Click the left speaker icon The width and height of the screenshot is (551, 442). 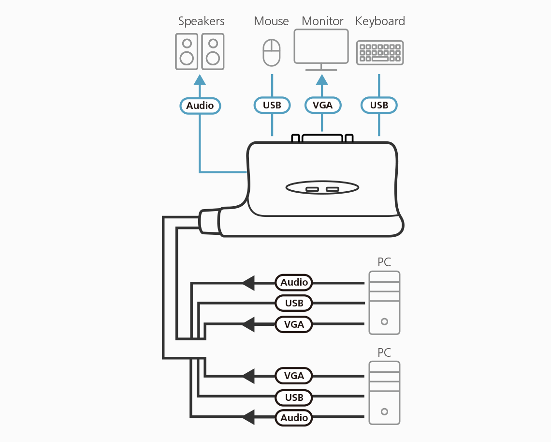point(187,51)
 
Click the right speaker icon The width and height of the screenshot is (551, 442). point(213,51)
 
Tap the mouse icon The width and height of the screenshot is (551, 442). point(272,52)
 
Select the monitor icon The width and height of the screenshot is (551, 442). point(321,47)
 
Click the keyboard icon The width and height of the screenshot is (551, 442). point(380,53)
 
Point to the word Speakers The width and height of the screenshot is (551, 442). point(201,21)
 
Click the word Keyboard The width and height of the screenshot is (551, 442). point(380,21)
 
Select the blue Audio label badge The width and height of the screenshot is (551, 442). point(200,106)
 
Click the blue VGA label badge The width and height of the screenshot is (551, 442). point(323,106)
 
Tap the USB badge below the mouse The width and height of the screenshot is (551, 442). point(272,106)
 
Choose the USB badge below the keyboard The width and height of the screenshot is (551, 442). point(379,106)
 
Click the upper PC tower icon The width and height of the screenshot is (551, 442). point(384,303)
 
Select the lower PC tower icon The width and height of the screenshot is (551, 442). point(384,393)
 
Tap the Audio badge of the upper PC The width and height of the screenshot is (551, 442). point(294,282)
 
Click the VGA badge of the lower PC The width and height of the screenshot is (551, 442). point(294,376)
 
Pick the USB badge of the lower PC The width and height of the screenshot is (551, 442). point(294,397)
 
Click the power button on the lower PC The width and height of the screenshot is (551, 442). point(384,412)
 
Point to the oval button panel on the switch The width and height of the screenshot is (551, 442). point(322,188)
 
